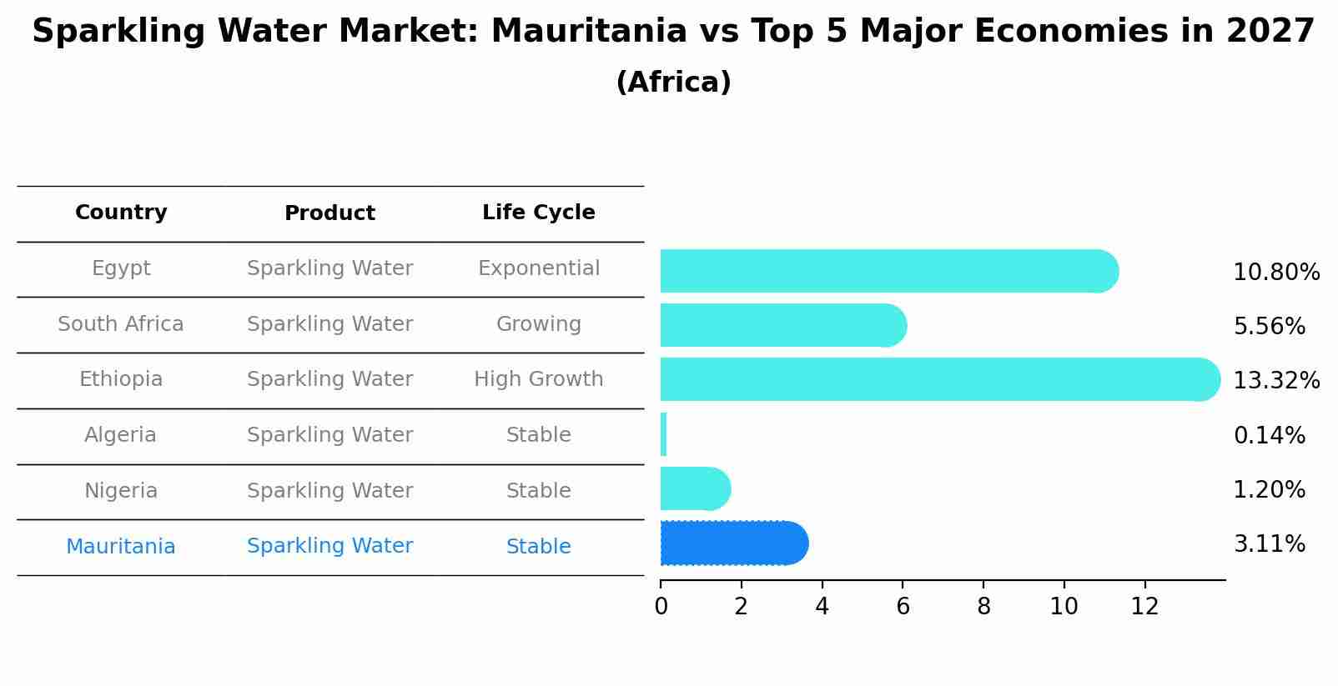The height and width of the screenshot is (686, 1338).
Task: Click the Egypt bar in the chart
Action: point(888,271)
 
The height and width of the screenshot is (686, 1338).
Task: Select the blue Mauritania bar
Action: point(734,543)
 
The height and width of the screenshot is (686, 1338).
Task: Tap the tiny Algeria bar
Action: point(663,434)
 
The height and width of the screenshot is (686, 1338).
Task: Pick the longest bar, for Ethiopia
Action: point(938,379)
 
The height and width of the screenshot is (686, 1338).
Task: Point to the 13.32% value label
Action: point(1276,381)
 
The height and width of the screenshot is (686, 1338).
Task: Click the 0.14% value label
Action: point(1269,435)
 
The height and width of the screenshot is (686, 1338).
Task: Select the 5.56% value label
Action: point(1269,327)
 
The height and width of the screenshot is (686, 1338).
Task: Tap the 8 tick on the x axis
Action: point(983,607)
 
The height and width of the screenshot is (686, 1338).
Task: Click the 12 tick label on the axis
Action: point(1144,607)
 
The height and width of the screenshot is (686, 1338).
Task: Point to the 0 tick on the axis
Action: point(661,607)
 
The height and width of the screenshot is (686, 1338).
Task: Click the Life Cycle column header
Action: point(538,213)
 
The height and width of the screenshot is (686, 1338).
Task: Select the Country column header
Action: point(121,213)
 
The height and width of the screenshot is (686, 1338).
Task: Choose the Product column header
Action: point(329,213)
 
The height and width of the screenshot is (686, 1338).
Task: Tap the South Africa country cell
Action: point(121,324)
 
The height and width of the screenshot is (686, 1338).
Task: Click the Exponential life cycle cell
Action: point(538,268)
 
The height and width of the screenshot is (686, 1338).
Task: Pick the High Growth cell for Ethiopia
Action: point(538,379)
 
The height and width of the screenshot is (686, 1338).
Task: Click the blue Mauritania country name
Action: point(121,547)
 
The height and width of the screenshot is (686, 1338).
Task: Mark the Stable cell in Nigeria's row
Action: point(538,491)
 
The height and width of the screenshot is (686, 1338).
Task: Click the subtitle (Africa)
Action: point(673,83)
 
